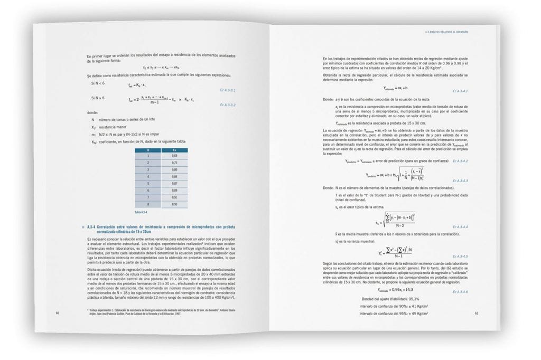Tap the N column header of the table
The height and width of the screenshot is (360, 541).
(148, 150)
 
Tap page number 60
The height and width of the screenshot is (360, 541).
(57, 312)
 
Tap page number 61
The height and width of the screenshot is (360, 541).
(476, 313)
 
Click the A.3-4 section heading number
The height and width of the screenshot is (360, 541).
(92, 226)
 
